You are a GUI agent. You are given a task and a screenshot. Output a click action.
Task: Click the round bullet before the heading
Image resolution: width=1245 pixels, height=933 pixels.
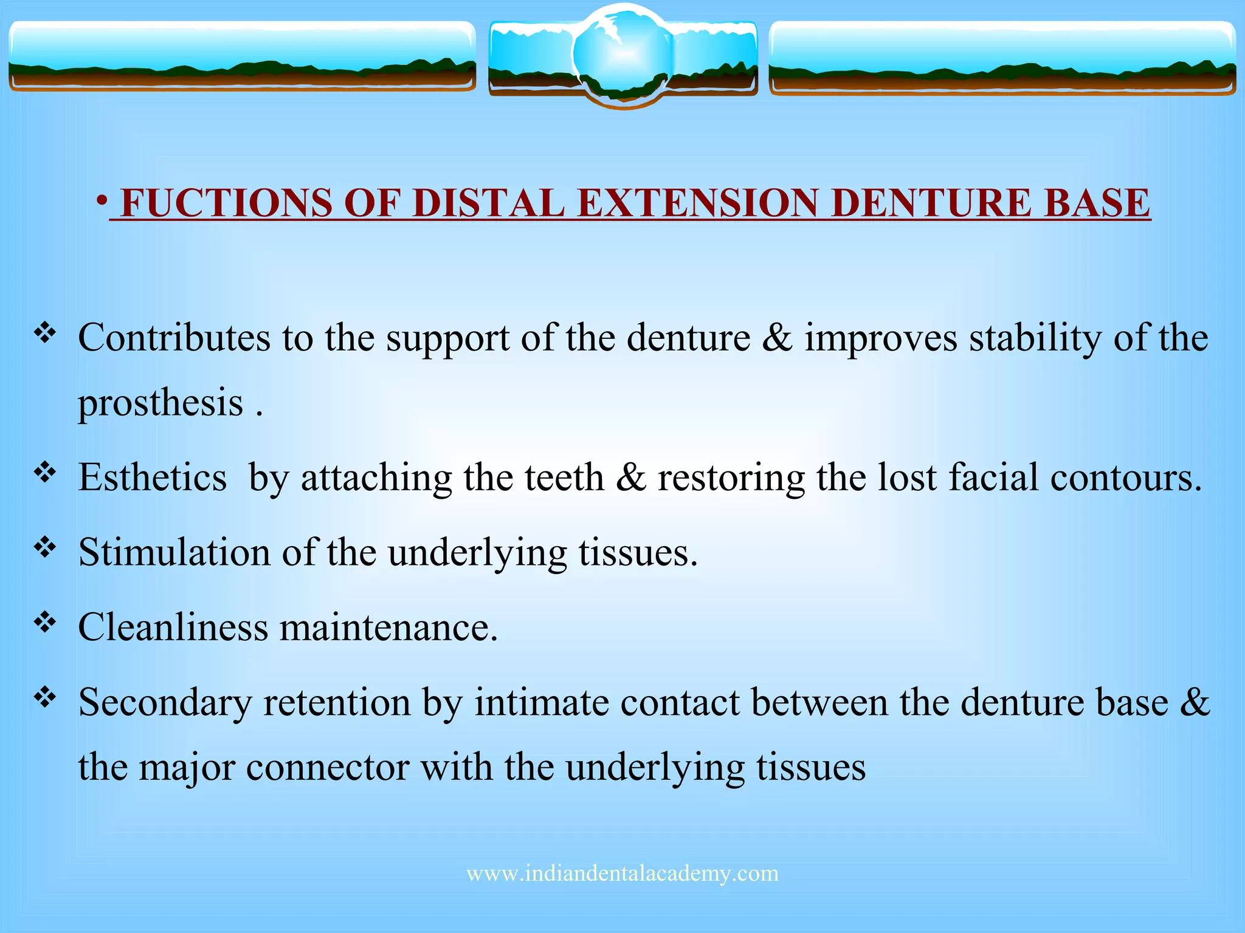102,200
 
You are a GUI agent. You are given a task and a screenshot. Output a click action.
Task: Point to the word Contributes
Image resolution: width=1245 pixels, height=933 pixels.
174,338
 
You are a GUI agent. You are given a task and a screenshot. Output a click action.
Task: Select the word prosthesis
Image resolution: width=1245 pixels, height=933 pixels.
160,403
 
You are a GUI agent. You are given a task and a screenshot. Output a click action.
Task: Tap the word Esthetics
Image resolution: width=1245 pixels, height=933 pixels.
153,477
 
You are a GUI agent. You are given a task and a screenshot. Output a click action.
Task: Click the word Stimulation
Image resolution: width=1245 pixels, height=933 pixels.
174,553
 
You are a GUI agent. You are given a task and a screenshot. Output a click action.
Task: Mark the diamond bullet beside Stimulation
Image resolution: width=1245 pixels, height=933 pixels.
45,547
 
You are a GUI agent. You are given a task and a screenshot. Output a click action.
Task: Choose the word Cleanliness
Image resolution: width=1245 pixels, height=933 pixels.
173,627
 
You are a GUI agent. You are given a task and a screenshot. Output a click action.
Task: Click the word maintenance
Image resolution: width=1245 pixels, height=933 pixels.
388,627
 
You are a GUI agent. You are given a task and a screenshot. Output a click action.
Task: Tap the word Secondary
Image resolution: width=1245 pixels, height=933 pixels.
165,703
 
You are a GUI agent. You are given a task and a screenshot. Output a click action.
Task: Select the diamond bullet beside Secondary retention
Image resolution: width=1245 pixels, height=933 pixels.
45,697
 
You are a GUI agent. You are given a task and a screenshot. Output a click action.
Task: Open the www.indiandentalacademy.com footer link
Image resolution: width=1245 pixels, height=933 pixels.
622,873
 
